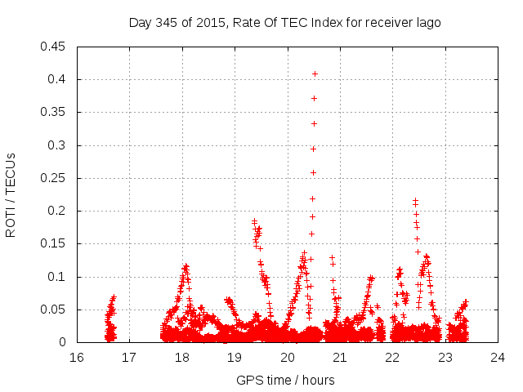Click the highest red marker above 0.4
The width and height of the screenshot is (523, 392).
315,73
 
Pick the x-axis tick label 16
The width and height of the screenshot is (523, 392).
77,357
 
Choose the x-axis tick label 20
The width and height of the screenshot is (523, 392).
288,357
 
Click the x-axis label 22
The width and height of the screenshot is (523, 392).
393,357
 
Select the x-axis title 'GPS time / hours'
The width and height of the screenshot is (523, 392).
285,380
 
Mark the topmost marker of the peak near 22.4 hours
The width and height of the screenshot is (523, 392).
415,199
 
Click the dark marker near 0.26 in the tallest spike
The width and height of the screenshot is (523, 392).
313,172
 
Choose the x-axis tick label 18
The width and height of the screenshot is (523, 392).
182,357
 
